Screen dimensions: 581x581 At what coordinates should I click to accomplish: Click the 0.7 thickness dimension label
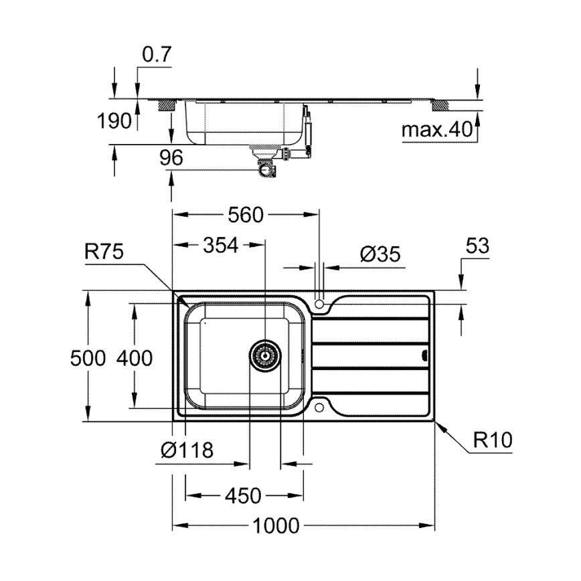click(157, 56)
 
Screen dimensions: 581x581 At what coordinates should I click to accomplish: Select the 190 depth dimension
click(115, 122)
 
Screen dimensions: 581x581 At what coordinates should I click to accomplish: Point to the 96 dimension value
click(172, 158)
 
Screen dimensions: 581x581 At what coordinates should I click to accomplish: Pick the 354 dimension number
click(220, 246)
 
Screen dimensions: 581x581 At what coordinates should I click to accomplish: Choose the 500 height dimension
click(88, 358)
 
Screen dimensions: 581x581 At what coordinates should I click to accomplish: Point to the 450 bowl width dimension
click(242, 496)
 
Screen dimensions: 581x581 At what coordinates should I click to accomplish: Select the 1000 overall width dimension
click(275, 527)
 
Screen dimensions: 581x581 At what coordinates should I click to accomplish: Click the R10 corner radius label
click(493, 440)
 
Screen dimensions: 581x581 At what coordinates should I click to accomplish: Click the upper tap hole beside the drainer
click(320, 305)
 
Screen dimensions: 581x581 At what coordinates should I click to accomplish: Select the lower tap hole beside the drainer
click(320, 406)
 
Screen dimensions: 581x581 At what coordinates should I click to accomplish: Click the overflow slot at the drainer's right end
click(424, 355)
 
